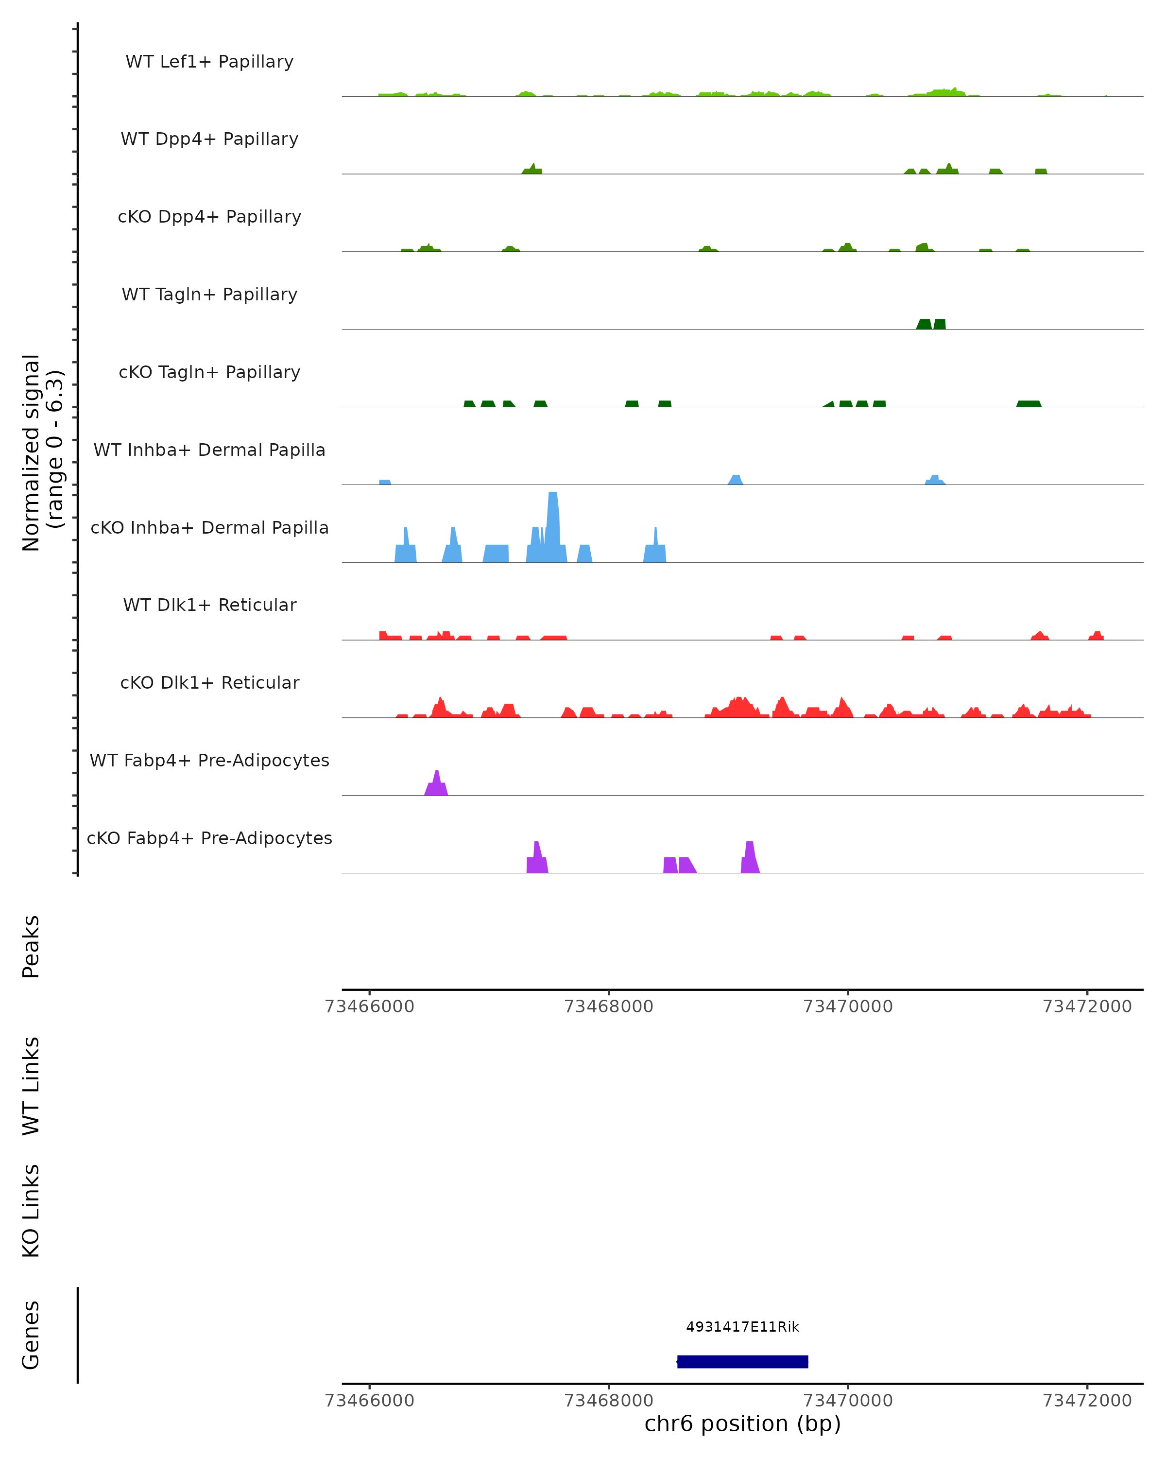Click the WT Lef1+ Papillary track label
point(209,62)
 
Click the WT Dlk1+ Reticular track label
point(209,605)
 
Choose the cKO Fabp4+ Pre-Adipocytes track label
point(209,838)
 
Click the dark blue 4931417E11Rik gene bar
point(742,1361)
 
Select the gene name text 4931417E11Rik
point(742,1327)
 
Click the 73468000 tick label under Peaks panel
point(608,1007)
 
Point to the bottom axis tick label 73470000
point(848,1401)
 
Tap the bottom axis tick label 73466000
point(369,1401)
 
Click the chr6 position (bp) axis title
point(742,1424)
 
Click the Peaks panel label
point(31,946)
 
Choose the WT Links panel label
point(31,1085)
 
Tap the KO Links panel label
point(31,1211)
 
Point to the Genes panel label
point(31,1335)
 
